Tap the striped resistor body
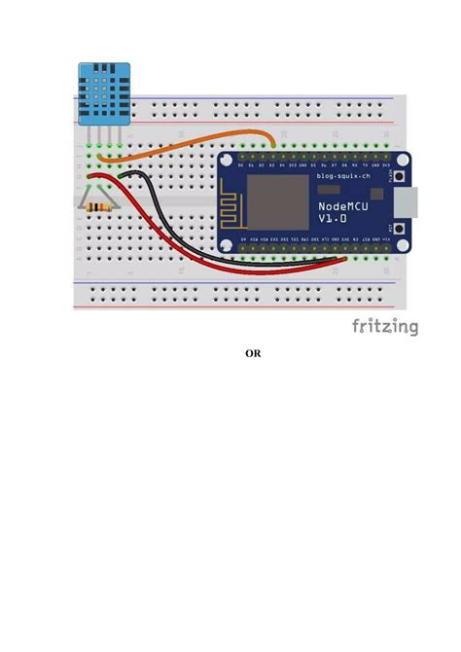97,207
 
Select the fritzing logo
385,327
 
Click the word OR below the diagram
252,353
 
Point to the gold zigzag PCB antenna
234,204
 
